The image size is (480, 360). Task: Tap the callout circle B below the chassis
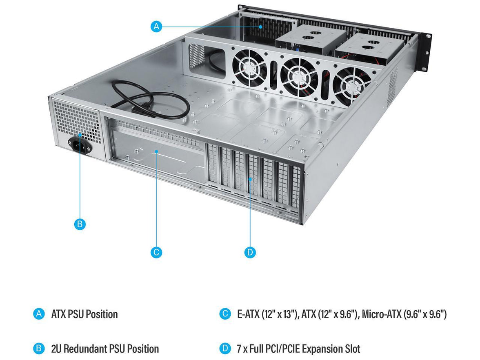click(x=80, y=224)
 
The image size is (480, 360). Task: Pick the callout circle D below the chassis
click(x=250, y=252)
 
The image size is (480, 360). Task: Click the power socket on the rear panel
click(x=79, y=145)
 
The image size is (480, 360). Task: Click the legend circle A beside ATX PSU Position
click(x=38, y=314)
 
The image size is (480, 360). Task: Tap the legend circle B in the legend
click(x=38, y=349)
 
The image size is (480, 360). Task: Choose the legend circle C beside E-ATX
click(x=225, y=314)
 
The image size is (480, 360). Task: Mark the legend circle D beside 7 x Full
click(x=225, y=349)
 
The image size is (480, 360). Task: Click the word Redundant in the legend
click(x=85, y=349)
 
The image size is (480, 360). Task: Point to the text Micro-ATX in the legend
click(x=381, y=314)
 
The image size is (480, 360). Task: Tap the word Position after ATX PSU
click(x=101, y=314)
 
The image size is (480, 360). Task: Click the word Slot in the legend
click(x=352, y=349)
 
